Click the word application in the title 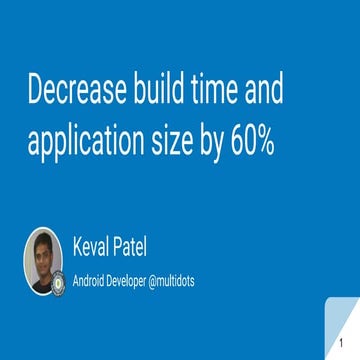[x=87, y=142]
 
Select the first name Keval [x=93, y=247]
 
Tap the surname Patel [x=137, y=247]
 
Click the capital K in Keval [x=78, y=247]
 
